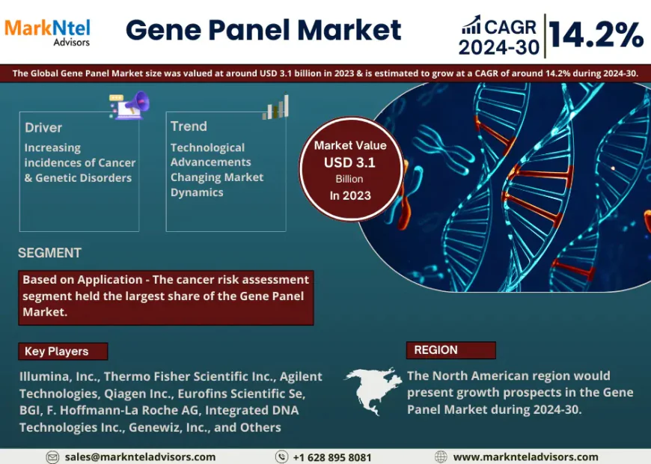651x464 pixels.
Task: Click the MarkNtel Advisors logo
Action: click(47, 31)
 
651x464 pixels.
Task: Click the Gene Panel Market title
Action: click(263, 30)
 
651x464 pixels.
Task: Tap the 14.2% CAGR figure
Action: click(596, 34)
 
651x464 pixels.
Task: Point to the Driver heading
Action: click(43, 127)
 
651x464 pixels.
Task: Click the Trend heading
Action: click(189, 126)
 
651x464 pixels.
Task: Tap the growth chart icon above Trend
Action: click(276, 107)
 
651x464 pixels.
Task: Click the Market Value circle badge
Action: click(350, 170)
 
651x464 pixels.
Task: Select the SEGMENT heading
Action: click(49, 253)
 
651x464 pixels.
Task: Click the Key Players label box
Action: click(63, 351)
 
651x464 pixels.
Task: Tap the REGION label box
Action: click(450, 349)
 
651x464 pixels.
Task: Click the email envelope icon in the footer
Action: click(52, 457)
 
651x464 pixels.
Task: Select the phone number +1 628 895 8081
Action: click(331, 457)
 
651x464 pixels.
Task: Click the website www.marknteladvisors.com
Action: click(525, 457)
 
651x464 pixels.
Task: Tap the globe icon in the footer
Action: click(441, 457)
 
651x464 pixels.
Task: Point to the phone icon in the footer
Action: click(281, 457)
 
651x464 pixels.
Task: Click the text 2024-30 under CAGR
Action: click(499, 47)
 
